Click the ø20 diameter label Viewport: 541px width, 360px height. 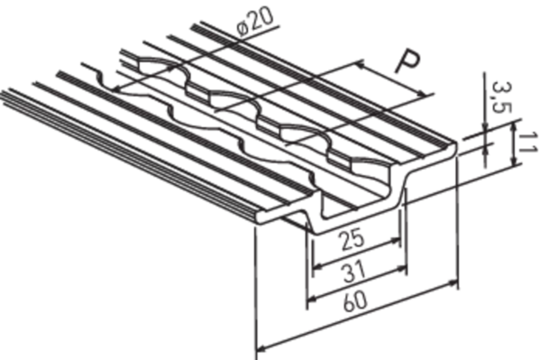256,21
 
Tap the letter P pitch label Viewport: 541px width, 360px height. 408,61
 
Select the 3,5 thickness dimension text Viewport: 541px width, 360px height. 501,98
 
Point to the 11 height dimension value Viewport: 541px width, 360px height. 527,142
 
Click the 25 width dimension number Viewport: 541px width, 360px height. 352,239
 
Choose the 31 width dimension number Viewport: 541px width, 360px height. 354,271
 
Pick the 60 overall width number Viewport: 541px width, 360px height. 355,301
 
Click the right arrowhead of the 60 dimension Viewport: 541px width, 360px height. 453,283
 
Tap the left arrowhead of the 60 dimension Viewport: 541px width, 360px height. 262,347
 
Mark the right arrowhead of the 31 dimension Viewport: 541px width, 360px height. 402,268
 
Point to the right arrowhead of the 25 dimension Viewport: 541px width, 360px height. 396,240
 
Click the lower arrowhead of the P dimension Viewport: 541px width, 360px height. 423,94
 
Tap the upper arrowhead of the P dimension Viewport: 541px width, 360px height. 360,64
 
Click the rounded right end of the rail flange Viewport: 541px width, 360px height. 454,148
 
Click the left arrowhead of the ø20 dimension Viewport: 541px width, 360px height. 117,89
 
